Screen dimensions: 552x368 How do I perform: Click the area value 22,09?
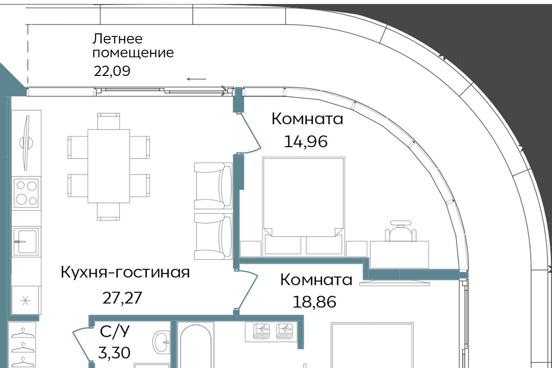pos(112,71)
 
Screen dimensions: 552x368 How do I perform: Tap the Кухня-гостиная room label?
pos(125,272)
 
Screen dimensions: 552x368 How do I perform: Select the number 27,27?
pos(122,298)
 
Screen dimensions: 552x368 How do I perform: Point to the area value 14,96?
pos(306,142)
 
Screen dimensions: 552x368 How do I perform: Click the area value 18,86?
pos(314,302)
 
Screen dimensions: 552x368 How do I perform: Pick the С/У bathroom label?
pos(115,331)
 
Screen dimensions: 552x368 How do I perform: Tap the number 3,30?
pos(114,353)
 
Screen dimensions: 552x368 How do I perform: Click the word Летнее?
pos(117,39)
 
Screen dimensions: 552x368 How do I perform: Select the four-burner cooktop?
pos(26,193)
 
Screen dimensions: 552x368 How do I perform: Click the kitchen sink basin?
pos(26,241)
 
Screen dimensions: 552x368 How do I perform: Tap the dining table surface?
pos(109,166)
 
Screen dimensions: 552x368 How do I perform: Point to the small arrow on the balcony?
pos(196,79)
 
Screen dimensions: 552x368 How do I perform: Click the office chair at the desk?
pos(401,231)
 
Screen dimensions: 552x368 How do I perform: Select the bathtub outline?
pos(196,345)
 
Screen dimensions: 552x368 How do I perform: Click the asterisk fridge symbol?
pos(25,301)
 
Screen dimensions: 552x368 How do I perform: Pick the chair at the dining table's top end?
pos(108,121)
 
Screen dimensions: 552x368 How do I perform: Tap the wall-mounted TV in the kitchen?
pos(26,143)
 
